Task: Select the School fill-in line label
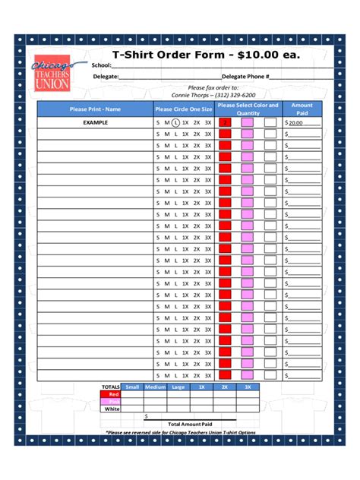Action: (101, 65)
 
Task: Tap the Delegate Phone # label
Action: (245, 77)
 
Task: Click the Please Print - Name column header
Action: (95, 109)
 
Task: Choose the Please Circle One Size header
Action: (184, 109)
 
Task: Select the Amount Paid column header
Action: (302, 109)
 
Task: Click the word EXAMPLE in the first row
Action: (95, 122)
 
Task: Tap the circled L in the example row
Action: (175, 122)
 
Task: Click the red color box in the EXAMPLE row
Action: (225, 122)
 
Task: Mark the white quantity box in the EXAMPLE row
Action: (270, 122)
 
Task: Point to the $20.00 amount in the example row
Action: (295, 122)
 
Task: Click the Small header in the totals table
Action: (132, 387)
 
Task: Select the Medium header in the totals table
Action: (155, 387)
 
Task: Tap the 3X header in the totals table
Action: (247, 387)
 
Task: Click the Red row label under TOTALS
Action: (113, 394)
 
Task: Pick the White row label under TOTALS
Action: (112, 409)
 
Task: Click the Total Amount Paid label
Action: (190, 424)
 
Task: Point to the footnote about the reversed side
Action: (180, 432)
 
